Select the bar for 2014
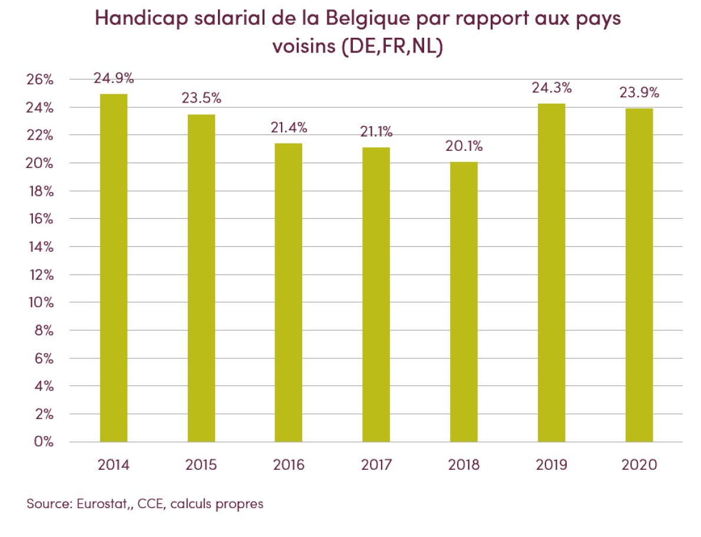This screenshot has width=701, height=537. point(114,268)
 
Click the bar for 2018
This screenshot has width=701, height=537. point(464,302)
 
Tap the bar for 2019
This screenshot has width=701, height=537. point(551,272)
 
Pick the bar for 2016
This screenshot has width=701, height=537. point(289,292)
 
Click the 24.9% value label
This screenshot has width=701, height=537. point(114,78)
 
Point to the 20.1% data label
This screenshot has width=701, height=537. point(464,146)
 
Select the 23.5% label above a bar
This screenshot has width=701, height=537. point(201,98)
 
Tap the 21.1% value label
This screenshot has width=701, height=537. point(376,132)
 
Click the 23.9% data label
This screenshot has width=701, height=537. point(639,93)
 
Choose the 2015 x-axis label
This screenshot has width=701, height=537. point(201,465)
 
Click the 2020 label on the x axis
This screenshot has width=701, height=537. point(639,465)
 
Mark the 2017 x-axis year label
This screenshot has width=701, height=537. point(376,465)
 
